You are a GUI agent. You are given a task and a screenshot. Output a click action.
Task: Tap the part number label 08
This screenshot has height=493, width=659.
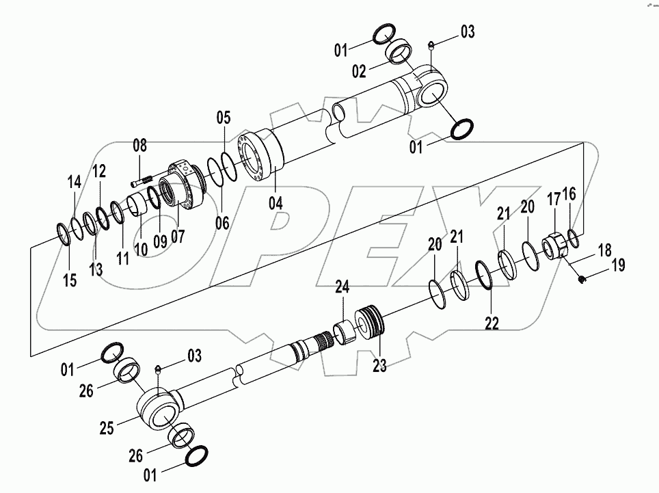139,145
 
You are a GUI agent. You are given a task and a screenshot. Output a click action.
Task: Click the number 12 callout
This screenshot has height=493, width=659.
99,170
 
